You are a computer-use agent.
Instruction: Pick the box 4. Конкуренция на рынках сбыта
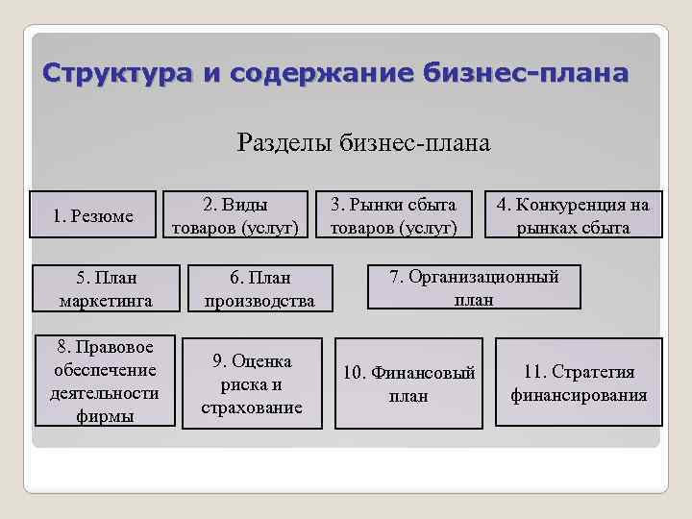pos(572,215)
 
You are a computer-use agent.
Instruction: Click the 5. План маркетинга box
pos(107,288)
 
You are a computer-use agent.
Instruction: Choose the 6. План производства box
pos(259,288)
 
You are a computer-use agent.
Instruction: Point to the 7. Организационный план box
pos(473,286)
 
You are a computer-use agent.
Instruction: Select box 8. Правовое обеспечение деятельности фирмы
pos(107,381)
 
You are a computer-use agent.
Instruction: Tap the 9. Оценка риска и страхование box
pos(252,383)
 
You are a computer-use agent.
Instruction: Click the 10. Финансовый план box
pos(408,383)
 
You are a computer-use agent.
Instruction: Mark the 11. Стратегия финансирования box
pos(579,383)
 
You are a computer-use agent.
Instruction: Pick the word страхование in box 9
pos(252,408)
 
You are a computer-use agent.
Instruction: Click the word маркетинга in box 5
pos(107,301)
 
